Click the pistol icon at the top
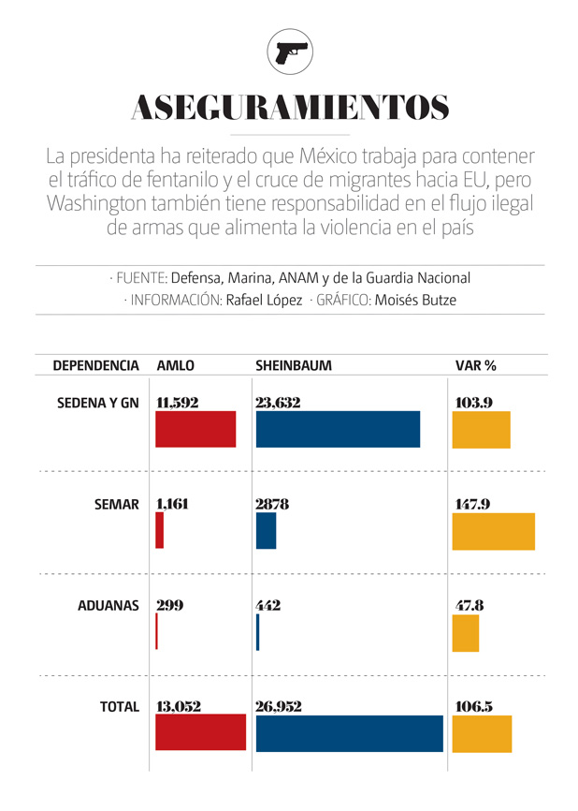click(289, 52)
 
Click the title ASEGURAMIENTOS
click(289, 108)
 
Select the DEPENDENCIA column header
click(95, 365)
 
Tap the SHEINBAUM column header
click(293, 365)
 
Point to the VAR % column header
click(474, 365)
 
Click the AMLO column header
click(175, 365)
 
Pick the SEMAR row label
click(116, 504)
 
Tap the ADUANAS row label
click(108, 605)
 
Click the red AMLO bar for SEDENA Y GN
click(195, 429)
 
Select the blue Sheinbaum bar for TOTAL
click(349, 733)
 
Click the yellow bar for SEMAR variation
click(494, 531)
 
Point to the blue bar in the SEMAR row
click(266, 531)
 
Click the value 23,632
click(278, 403)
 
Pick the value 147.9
click(473, 504)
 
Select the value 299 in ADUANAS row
click(169, 605)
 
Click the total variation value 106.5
click(473, 706)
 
